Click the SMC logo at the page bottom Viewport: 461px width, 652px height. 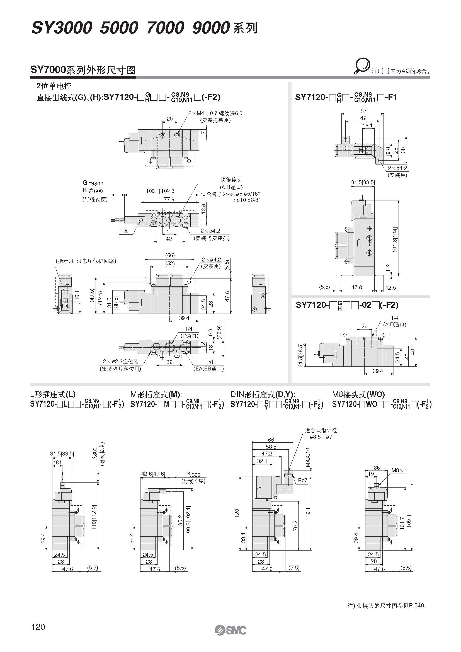coord(230,630)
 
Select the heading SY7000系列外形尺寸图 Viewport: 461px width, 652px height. coord(83,70)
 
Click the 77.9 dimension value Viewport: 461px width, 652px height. coord(169,199)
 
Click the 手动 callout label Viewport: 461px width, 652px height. coord(124,231)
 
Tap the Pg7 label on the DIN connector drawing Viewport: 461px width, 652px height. coord(303,480)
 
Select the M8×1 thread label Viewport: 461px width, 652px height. coord(399,470)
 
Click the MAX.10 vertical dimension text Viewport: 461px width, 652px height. coord(308,457)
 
